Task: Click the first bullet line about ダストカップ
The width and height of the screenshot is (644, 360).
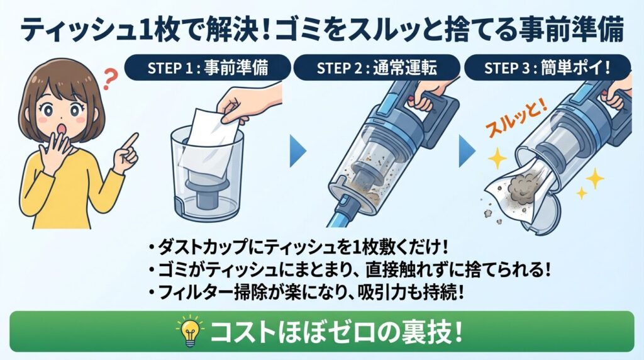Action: coord(299,246)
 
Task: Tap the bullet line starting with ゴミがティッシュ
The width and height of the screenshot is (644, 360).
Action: coord(349,269)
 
